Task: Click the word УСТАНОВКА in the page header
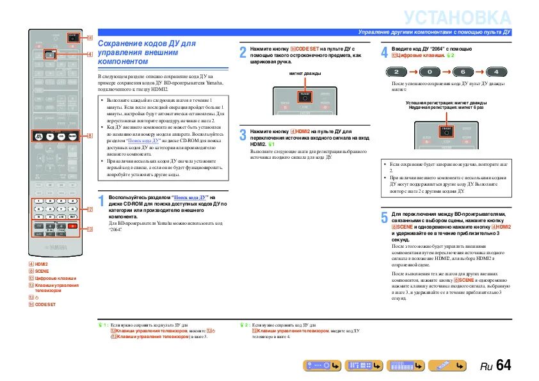coord(458,17)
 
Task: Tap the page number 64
coord(503,366)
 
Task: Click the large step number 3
coord(243,134)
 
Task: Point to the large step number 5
coord(384,217)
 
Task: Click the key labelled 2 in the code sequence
coord(397,71)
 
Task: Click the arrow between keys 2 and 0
coord(414,71)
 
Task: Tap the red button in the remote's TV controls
coord(72,227)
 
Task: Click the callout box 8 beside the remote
coord(90,136)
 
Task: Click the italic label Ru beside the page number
coord(487,367)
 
